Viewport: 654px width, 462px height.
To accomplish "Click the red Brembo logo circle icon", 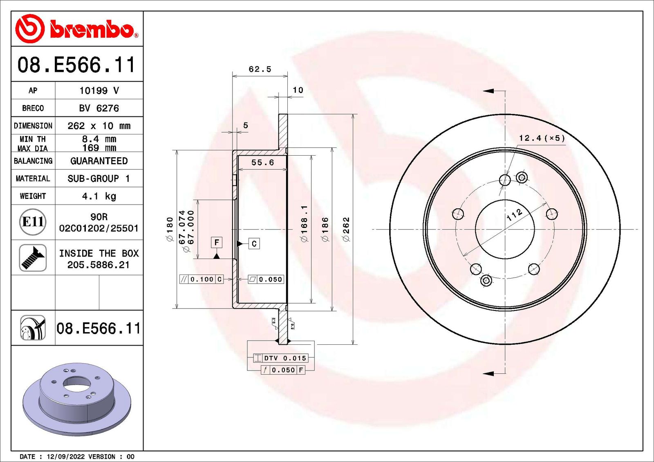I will click(30, 29).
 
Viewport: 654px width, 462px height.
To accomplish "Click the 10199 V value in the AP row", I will click(99, 91).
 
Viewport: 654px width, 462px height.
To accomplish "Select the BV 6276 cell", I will click(99, 108).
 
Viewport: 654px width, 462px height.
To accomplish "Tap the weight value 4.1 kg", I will click(99, 196).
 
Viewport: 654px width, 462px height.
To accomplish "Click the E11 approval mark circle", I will click(33, 222).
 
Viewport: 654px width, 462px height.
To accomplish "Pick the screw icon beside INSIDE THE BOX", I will click(33, 257).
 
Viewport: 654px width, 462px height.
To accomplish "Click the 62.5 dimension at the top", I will click(260, 69).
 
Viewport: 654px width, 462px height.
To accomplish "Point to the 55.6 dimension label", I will click(262, 163).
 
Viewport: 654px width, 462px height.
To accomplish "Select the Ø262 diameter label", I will click(346, 229).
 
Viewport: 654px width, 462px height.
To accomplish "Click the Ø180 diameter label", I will click(170, 229).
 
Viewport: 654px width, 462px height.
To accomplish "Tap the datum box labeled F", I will click(217, 243).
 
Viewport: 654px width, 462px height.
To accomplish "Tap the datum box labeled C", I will click(254, 244).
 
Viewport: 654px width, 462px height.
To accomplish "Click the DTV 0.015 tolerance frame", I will click(280, 358).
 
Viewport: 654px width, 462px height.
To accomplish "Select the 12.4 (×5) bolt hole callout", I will click(542, 138).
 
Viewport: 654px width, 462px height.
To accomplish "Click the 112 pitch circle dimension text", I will click(514, 214).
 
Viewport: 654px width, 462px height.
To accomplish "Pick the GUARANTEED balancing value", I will click(99, 161).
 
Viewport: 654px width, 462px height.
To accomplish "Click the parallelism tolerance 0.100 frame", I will click(202, 279).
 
